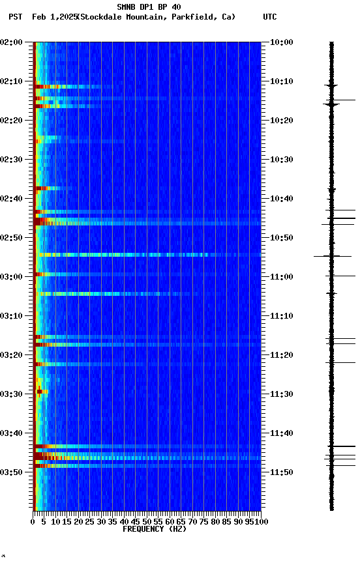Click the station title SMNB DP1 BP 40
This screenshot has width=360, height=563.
point(149,7)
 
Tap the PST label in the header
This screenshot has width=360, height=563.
point(16,17)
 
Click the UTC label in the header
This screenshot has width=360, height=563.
point(270,17)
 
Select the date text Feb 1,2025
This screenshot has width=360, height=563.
point(54,17)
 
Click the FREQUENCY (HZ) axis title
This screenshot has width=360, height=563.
point(154,529)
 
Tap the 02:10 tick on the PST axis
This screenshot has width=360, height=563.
point(12,81)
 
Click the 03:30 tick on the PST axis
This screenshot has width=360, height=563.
point(12,394)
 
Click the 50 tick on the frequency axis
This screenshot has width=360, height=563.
point(147,521)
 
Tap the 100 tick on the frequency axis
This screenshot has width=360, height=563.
point(262,521)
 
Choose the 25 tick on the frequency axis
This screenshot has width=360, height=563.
point(90,521)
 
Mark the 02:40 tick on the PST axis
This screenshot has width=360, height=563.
point(12,199)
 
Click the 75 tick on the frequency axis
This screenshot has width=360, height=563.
point(204,521)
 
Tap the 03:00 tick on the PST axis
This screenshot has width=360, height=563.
point(12,277)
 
